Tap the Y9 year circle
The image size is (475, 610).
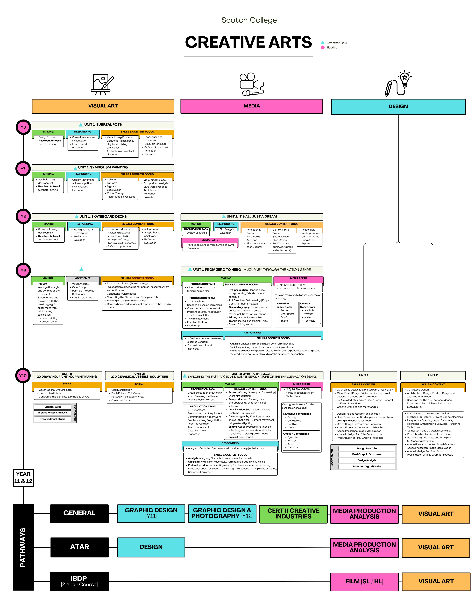click(23, 270)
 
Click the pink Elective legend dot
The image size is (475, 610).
click(323, 47)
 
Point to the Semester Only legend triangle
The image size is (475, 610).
click(323, 42)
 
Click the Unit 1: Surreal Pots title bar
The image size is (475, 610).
click(103, 125)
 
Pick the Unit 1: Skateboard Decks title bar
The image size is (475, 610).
click(103, 216)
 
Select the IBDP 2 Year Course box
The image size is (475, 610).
click(79, 581)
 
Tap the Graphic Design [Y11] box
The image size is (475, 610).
click(151, 513)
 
